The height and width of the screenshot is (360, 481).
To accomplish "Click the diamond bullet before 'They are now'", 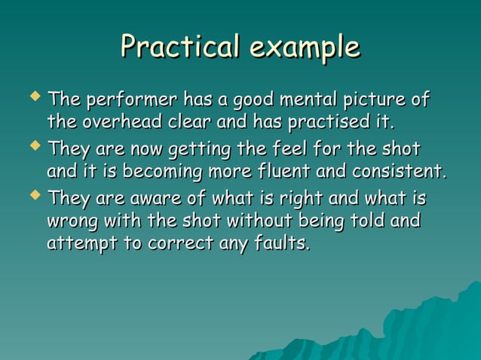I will (x=33, y=145).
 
